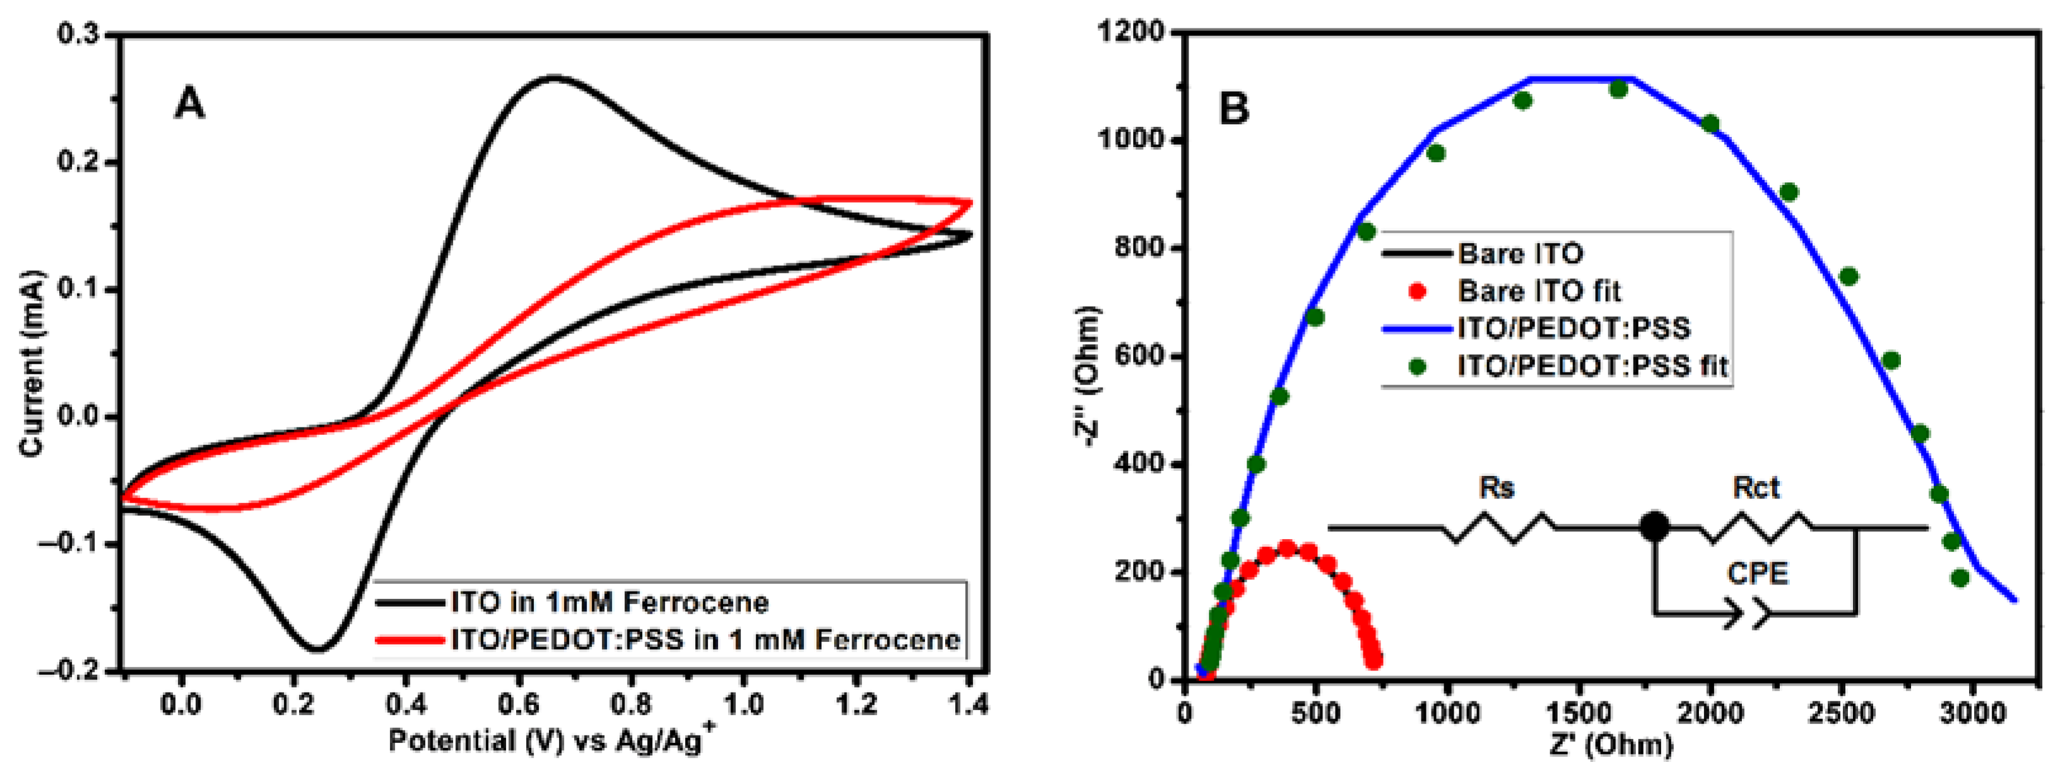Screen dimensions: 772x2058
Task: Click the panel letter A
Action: click(189, 104)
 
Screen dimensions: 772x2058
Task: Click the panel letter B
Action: click(1234, 107)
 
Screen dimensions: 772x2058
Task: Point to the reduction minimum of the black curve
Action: click(318, 649)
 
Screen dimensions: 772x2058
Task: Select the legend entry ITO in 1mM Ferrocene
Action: click(609, 602)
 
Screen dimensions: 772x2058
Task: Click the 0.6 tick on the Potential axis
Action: click(519, 706)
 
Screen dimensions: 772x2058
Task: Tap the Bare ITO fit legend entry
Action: click(1539, 291)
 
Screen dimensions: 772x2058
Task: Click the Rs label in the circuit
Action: click(1496, 487)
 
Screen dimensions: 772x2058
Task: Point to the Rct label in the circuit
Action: click(1756, 487)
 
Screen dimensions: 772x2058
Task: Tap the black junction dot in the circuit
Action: click(1654, 526)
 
